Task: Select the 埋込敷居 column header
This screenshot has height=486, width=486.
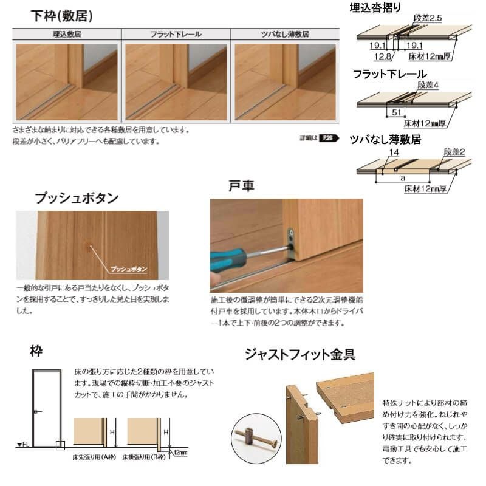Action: [x=67, y=35]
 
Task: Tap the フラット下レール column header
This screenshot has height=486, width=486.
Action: [x=176, y=35]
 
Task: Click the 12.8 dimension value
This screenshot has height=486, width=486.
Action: [x=383, y=56]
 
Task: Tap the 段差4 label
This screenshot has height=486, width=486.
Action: [x=427, y=84]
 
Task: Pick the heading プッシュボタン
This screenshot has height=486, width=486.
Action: [x=77, y=198]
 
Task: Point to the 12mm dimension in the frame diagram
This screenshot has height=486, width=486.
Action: [x=180, y=453]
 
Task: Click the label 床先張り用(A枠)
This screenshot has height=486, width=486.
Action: [x=95, y=457]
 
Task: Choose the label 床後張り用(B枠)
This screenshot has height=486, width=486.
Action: [x=146, y=457]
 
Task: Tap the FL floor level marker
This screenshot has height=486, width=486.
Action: [x=22, y=445]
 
